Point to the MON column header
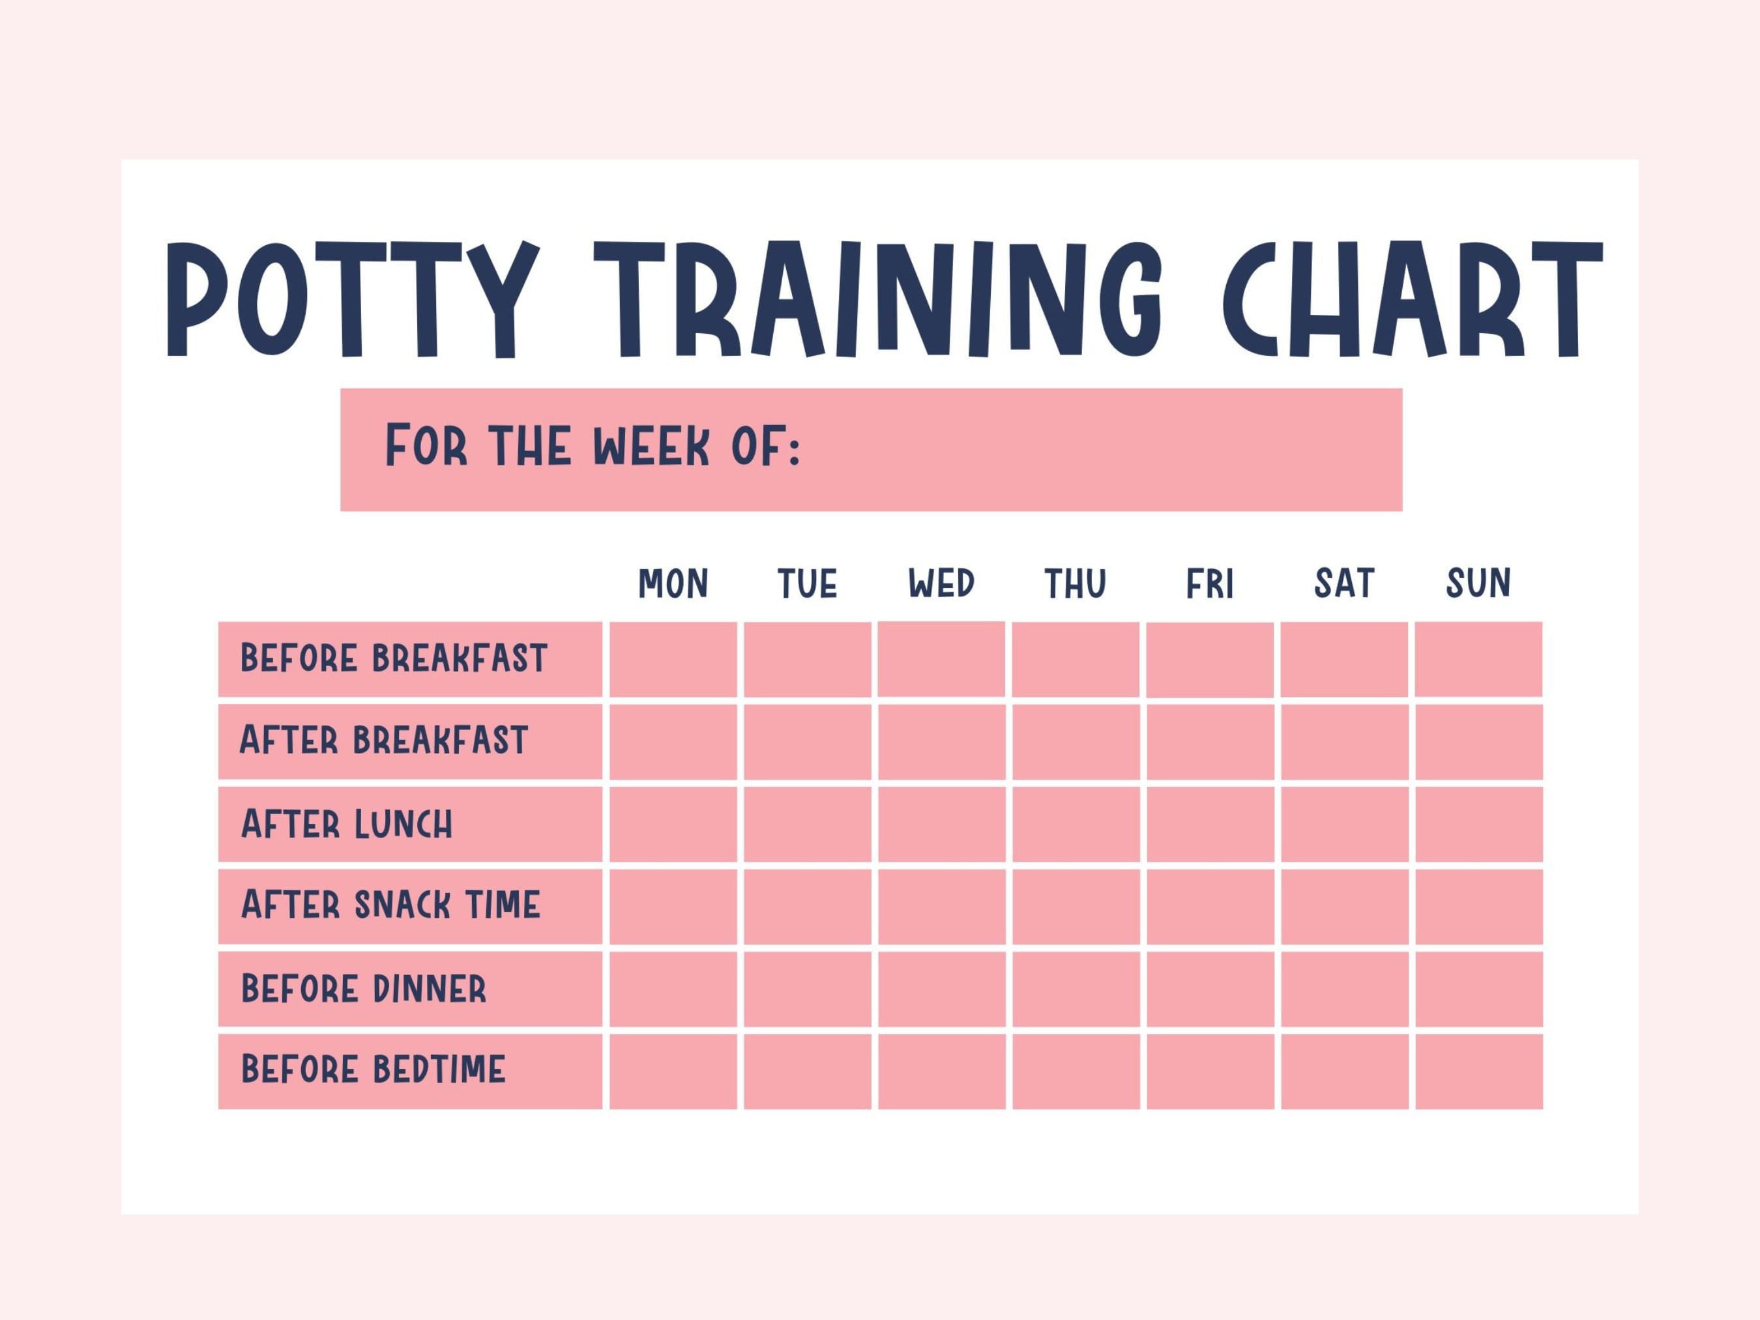pos(673,584)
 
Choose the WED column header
pos(941,584)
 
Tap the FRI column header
pos(1209,584)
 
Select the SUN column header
pos(1478,584)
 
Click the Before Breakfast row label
pos(394,659)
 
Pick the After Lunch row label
pos(347,825)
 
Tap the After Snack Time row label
pos(390,905)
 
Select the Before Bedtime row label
pos(373,1070)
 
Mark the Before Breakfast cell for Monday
pos(673,659)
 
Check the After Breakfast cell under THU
pos(1076,742)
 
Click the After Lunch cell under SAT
pos(1344,825)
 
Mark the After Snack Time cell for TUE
pos(808,906)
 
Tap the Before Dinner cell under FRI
pos(1209,989)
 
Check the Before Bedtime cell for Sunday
pos(1478,1071)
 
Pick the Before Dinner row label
pos(364,989)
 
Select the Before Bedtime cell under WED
pos(941,1071)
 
